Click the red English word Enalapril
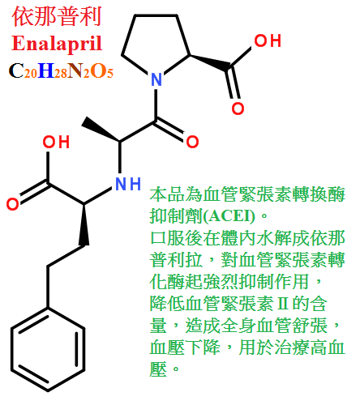[x=57, y=44]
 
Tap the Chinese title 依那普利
[x=57, y=17]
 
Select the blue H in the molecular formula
[x=46, y=70]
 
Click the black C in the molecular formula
[x=16, y=70]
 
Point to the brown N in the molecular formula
[x=75, y=70]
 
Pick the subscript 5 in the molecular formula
[x=109, y=74]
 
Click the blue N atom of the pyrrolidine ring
[x=156, y=79]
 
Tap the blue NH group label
[x=128, y=184]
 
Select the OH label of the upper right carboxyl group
[x=268, y=40]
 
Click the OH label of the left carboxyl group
[x=56, y=142]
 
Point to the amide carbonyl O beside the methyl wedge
[x=192, y=142]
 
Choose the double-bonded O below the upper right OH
[x=238, y=109]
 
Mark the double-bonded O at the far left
[x=13, y=204]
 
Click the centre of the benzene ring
[x=48, y=349]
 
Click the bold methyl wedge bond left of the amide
[x=101, y=130]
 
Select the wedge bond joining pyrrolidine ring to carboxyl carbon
[x=210, y=62]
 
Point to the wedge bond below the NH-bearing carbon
[x=84, y=224]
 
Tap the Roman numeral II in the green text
[x=283, y=304]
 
